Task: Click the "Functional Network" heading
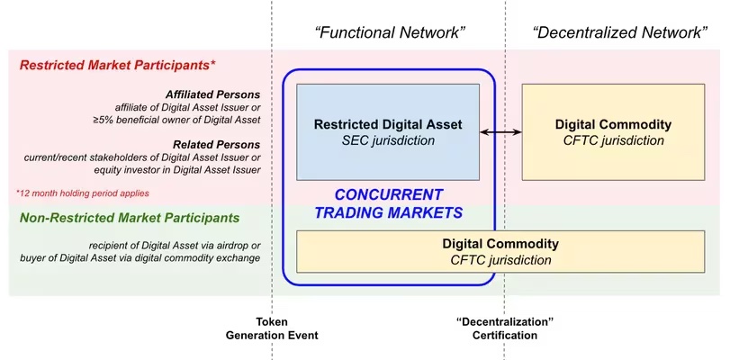pos(390,32)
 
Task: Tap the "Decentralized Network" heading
pos(619,32)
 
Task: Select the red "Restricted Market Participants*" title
pos(117,65)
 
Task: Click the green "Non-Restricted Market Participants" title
pos(130,218)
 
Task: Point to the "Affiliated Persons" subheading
pos(212,94)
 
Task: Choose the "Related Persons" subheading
pos(217,144)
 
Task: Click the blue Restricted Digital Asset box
pos(388,131)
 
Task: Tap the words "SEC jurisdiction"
pos(388,140)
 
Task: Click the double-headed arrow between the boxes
pos(500,132)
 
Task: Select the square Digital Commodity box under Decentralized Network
pos(613,131)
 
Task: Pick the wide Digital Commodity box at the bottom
pos(500,251)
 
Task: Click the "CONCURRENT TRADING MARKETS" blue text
pos(388,203)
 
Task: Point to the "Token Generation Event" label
pos(272,328)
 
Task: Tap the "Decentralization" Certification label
pos(505,328)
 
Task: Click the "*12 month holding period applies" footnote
pos(83,193)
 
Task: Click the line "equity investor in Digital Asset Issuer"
pos(177,169)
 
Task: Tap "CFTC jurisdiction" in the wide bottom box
pos(500,259)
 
